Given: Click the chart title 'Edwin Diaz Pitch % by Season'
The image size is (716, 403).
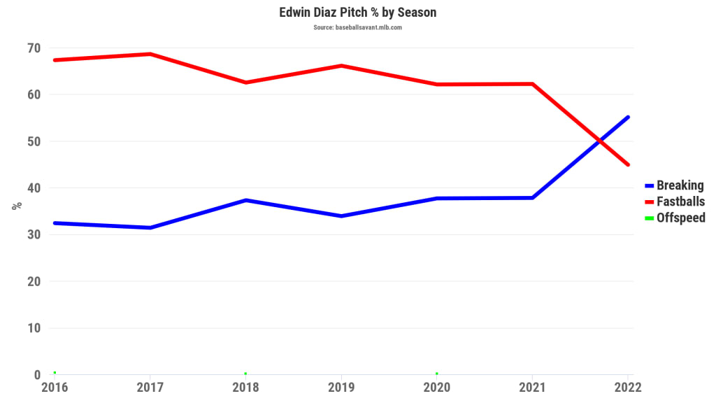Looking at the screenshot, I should click(357, 13).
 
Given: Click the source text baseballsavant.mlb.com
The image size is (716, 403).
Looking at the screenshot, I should click(357, 28).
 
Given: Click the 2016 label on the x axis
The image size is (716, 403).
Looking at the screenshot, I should click(55, 387).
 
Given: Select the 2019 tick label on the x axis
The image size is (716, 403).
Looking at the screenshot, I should click(341, 387).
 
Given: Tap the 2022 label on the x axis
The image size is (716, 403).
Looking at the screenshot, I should click(627, 387).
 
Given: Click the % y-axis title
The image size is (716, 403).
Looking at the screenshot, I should click(17, 206).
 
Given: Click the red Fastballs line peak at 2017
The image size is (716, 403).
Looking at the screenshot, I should click(150, 54).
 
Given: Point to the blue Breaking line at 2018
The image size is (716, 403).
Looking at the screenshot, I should click(246, 200).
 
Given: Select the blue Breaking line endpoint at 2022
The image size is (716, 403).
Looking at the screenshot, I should click(628, 117).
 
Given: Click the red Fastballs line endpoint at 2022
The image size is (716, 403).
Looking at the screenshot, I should click(628, 164).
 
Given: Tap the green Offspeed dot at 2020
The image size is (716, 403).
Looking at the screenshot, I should click(437, 374).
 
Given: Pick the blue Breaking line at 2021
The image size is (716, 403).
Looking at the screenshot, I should click(533, 197).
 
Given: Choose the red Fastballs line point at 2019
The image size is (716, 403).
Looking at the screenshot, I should click(341, 66).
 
